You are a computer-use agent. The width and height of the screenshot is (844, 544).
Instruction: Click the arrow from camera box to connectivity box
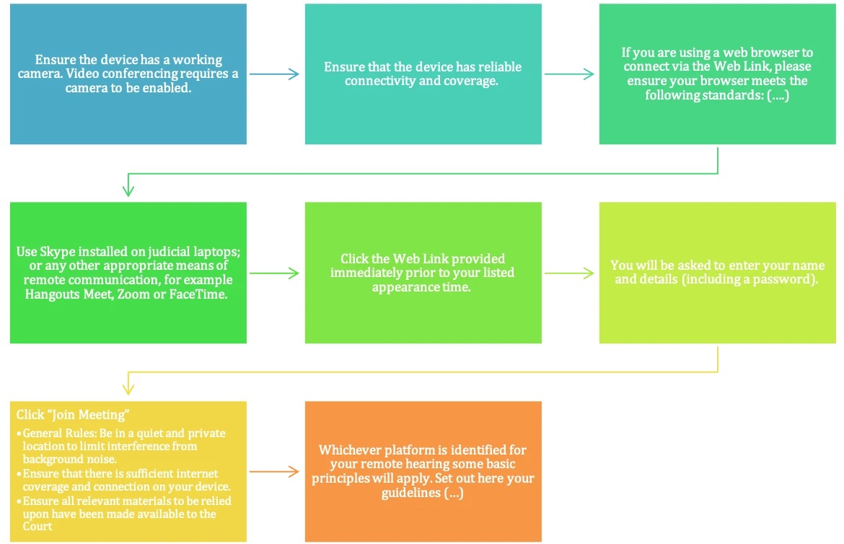(x=275, y=74)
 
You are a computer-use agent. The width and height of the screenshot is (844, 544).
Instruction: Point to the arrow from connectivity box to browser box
(x=569, y=74)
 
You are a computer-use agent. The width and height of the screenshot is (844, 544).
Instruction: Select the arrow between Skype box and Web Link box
(x=275, y=273)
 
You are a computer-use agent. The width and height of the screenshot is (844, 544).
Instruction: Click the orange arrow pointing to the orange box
(x=275, y=472)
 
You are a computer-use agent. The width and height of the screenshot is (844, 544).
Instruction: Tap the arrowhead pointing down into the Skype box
(x=128, y=191)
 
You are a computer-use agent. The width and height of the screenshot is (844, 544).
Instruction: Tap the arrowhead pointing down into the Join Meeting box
(x=128, y=390)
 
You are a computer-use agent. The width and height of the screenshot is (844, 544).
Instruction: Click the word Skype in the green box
(x=58, y=253)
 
